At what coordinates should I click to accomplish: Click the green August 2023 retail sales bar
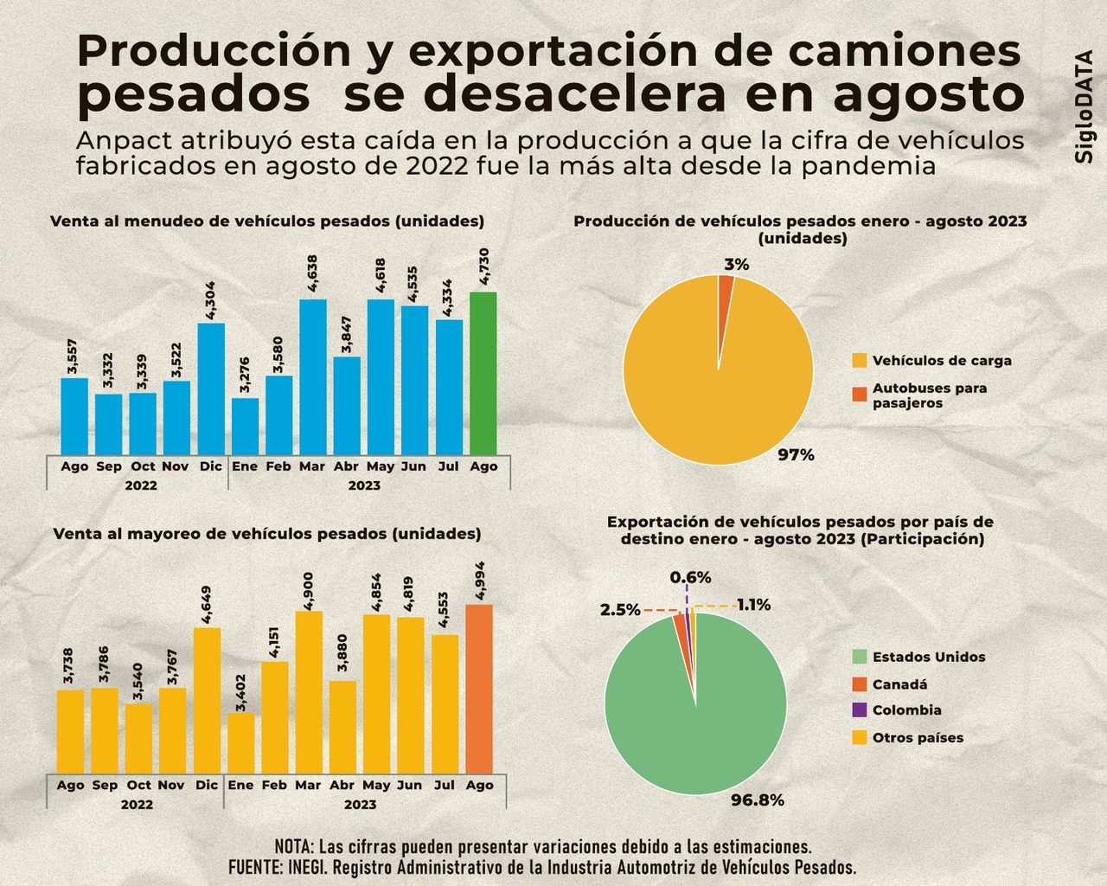click(x=483, y=372)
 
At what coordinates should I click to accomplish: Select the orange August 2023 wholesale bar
click(x=479, y=688)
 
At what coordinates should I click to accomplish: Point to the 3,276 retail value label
click(x=245, y=376)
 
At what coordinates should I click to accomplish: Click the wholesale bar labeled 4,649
click(x=207, y=699)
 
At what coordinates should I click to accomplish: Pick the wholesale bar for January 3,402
click(x=241, y=742)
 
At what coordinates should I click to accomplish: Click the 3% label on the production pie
click(x=737, y=265)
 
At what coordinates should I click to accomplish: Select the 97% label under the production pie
click(x=796, y=454)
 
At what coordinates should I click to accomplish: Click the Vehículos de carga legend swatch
click(x=859, y=361)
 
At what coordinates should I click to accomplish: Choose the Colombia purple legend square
click(x=859, y=710)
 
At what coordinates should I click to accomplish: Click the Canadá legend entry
click(x=899, y=684)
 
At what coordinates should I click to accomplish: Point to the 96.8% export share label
click(x=758, y=800)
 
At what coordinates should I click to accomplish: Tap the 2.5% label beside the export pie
click(x=620, y=610)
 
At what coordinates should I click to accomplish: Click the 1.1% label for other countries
click(x=753, y=605)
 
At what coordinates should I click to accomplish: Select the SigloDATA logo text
click(x=1085, y=106)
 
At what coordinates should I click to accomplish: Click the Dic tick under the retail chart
click(x=210, y=466)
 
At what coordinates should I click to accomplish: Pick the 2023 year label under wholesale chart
click(x=361, y=805)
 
